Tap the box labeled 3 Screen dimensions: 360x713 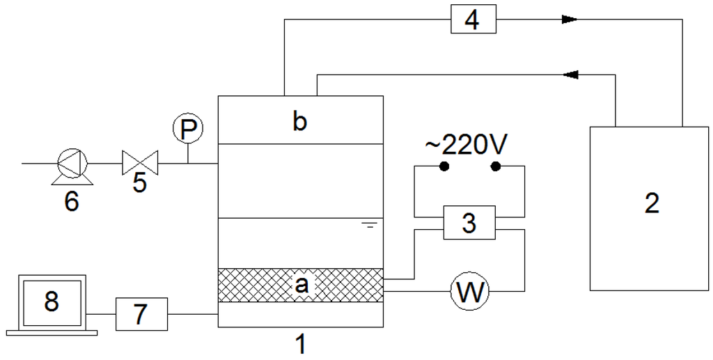pyautogui.click(x=469, y=224)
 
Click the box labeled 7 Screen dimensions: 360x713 pyautogui.click(x=141, y=313)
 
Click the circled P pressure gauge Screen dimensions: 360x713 pyautogui.click(x=187, y=129)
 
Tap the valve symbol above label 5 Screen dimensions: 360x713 pyautogui.click(x=139, y=164)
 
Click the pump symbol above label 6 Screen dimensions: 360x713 pyautogui.click(x=72, y=164)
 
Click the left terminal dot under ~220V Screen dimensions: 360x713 pyautogui.click(x=444, y=166)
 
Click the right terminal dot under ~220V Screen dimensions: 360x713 pyautogui.click(x=496, y=166)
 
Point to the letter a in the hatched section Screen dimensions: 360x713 pyautogui.click(x=301, y=285)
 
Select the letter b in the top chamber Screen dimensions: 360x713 pyautogui.click(x=299, y=121)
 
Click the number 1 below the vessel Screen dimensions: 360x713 pyautogui.click(x=301, y=343)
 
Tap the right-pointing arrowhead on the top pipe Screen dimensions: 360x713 pyautogui.click(x=570, y=19)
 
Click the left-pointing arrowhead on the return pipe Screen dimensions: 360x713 pyautogui.click(x=571, y=73)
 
